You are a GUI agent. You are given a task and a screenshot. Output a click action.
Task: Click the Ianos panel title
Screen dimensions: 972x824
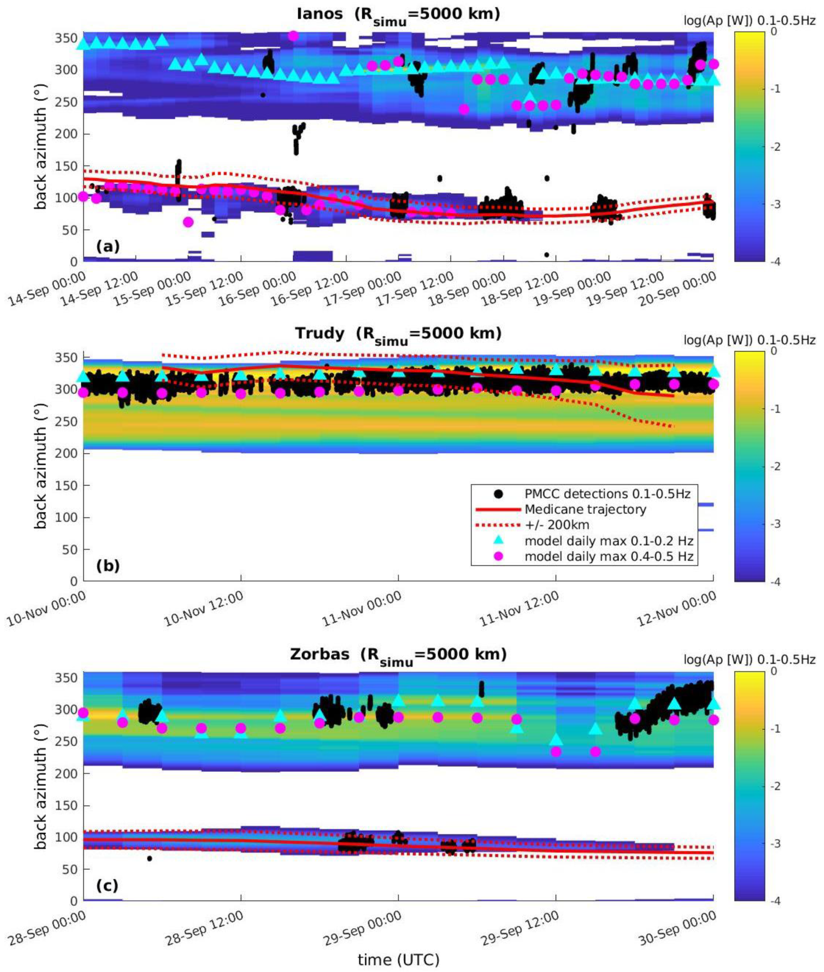click(398, 14)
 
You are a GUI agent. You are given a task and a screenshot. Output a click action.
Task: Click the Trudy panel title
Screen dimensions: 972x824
click(398, 334)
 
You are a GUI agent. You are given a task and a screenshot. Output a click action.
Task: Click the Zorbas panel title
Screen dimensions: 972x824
click(398, 654)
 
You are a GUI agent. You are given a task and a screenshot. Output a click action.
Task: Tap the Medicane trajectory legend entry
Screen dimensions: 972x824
click(585, 510)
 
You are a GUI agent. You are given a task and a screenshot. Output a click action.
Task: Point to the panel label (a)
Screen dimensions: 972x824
click(108, 247)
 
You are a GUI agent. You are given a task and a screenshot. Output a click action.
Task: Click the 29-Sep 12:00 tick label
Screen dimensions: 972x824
click(520, 930)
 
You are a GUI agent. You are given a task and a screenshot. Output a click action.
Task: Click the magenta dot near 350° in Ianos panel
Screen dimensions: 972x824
click(293, 36)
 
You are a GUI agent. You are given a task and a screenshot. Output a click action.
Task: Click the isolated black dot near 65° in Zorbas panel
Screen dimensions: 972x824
click(150, 858)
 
